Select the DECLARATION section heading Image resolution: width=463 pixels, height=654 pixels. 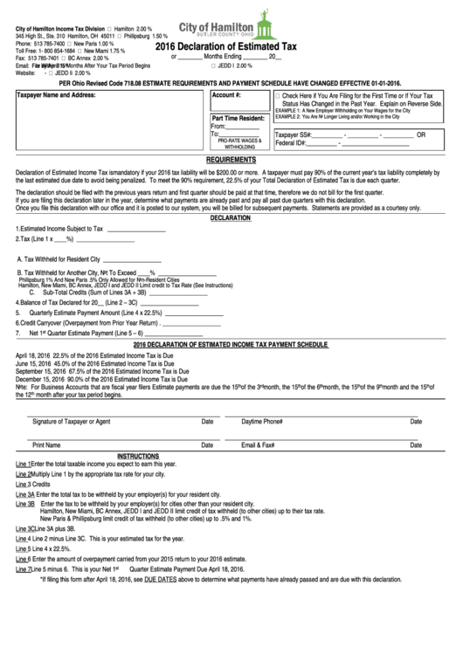pos(230,218)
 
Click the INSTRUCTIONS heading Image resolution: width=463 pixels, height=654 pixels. pos(137,456)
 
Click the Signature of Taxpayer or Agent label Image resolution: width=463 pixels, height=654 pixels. pos(72,421)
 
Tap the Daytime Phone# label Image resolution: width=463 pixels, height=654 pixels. pos(262,421)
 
